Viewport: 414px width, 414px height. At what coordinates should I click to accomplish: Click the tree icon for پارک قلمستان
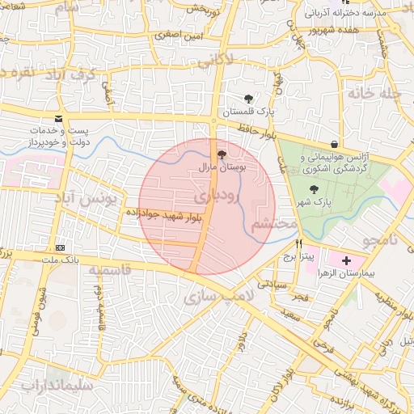tap(248, 99)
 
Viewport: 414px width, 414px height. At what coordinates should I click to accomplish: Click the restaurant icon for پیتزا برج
tap(299, 243)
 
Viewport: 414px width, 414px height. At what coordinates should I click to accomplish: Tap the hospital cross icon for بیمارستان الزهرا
tap(347, 261)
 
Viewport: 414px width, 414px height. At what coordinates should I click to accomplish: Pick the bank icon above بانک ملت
tap(60, 247)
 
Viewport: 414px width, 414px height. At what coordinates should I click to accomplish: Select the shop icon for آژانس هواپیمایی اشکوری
tap(334, 142)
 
